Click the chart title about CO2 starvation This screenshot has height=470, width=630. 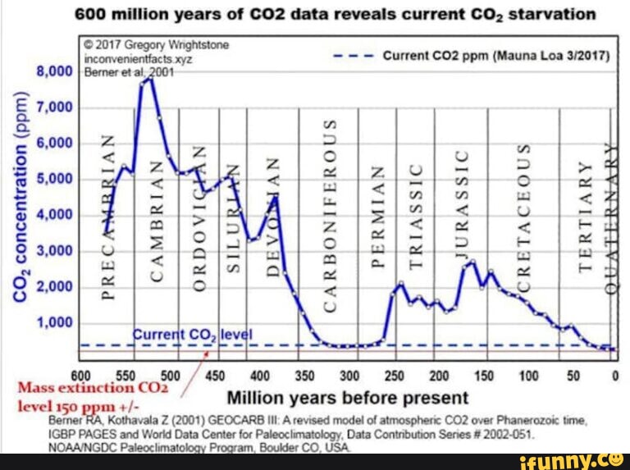[334, 15]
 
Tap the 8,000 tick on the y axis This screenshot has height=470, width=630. [56, 71]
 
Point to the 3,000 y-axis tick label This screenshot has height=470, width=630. [56, 250]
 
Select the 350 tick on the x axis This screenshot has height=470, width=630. [304, 376]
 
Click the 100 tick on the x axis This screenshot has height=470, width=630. [528, 376]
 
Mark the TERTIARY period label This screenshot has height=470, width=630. [585, 215]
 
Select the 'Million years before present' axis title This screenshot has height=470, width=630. [347, 399]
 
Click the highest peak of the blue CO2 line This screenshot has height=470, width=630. [148, 78]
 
